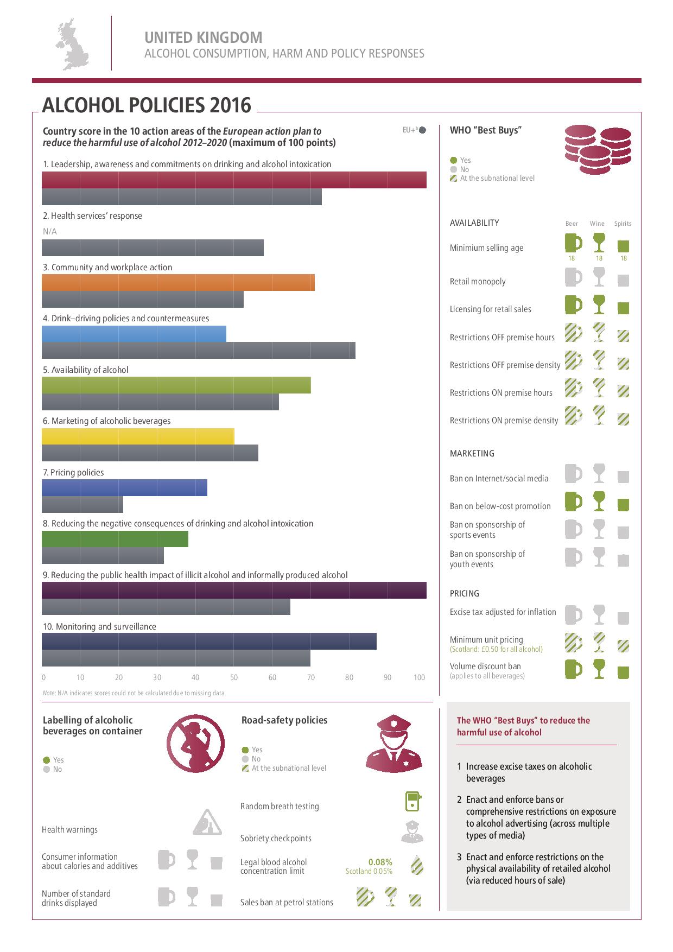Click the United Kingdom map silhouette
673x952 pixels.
point(71,45)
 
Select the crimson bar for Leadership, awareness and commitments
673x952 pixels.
point(234,180)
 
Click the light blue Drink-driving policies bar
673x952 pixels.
point(134,334)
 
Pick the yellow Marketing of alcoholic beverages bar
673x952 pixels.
point(138,436)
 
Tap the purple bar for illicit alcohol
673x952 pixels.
point(234,590)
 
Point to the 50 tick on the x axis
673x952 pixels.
point(234,677)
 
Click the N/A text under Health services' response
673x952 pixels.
point(49,232)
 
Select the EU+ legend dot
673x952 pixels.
point(423,130)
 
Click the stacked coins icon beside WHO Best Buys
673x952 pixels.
point(598,149)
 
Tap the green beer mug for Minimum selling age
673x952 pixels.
point(573,243)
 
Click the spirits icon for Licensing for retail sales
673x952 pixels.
point(624,308)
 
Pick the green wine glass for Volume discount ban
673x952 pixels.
point(599,669)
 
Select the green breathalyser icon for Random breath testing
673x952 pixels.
point(414,801)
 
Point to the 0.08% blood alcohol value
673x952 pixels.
point(380,862)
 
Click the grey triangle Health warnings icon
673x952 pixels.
point(207,822)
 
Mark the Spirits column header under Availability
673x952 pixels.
point(623,224)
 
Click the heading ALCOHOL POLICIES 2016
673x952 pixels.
point(147,105)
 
